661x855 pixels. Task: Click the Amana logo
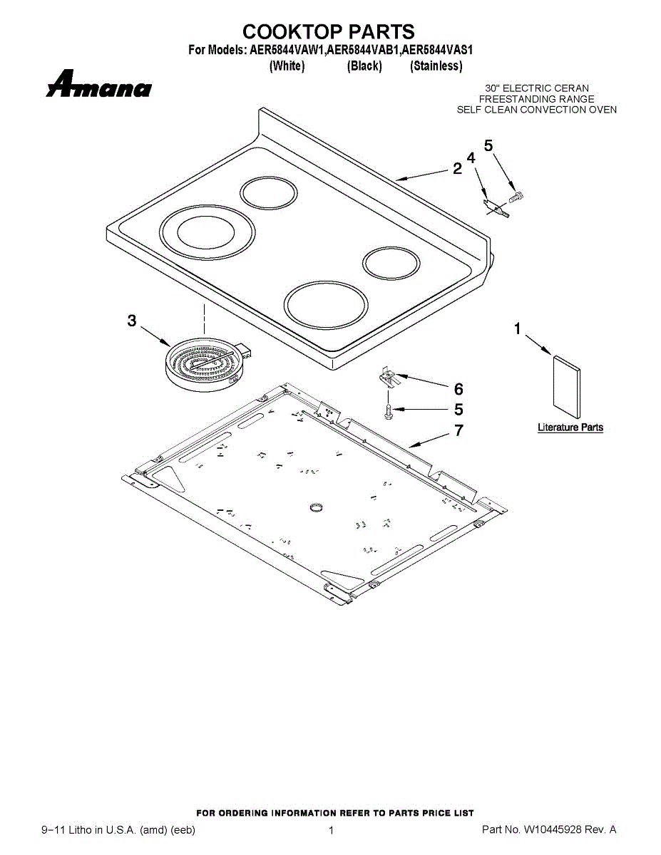[99, 85]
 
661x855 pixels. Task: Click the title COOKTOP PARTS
[329, 32]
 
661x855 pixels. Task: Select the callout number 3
[132, 321]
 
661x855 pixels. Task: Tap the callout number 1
[518, 328]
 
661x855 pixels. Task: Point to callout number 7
[458, 430]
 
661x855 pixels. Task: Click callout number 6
[458, 389]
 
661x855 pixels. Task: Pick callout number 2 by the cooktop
[457, 169]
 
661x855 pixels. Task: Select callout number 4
[471, 157]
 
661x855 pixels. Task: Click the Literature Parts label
[570, 427]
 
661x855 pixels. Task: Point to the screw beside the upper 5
[516, 195]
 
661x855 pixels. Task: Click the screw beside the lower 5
[388, 411]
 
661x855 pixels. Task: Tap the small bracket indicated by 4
[496, 207]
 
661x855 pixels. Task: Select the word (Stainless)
[436, 66]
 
